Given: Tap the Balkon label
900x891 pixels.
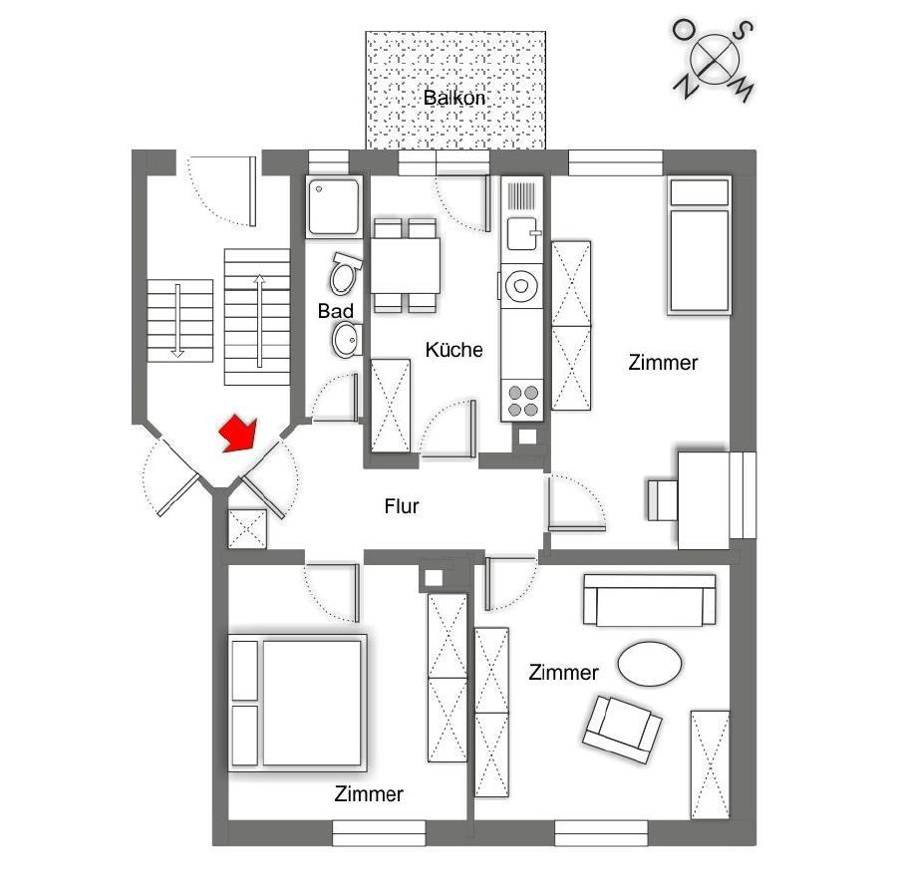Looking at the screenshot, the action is [x=454, y=98].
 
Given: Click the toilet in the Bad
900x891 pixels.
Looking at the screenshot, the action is [x=345, y=273].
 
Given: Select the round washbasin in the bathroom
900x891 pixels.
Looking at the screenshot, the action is [x=346, y=339].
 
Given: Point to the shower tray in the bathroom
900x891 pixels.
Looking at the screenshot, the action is [x=334, y=206].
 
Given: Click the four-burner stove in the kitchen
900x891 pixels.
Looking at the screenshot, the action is [x=522, y=400].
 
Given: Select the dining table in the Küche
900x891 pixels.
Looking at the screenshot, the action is [x=406, y=266].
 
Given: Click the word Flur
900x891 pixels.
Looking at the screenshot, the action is [x=402, y=506].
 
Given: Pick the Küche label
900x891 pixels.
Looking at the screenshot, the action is [x=454, y=349].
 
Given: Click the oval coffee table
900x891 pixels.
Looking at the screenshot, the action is [x=649, y=663].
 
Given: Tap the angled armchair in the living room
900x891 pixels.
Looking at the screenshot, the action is [x=622, y=728].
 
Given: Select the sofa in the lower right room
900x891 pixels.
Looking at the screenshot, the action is [x=649, y=600].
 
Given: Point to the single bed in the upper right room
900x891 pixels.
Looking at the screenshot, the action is [x=699, y=246].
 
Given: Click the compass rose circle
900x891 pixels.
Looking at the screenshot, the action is [x=714, y=58].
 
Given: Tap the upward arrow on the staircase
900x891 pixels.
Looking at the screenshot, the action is [x=259, y=321].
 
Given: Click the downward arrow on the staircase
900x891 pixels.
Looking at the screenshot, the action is [x=178, y=321].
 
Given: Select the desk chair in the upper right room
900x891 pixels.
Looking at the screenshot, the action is [x=663, y=500].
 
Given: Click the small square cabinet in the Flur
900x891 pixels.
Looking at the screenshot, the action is [x=247, y=529].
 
